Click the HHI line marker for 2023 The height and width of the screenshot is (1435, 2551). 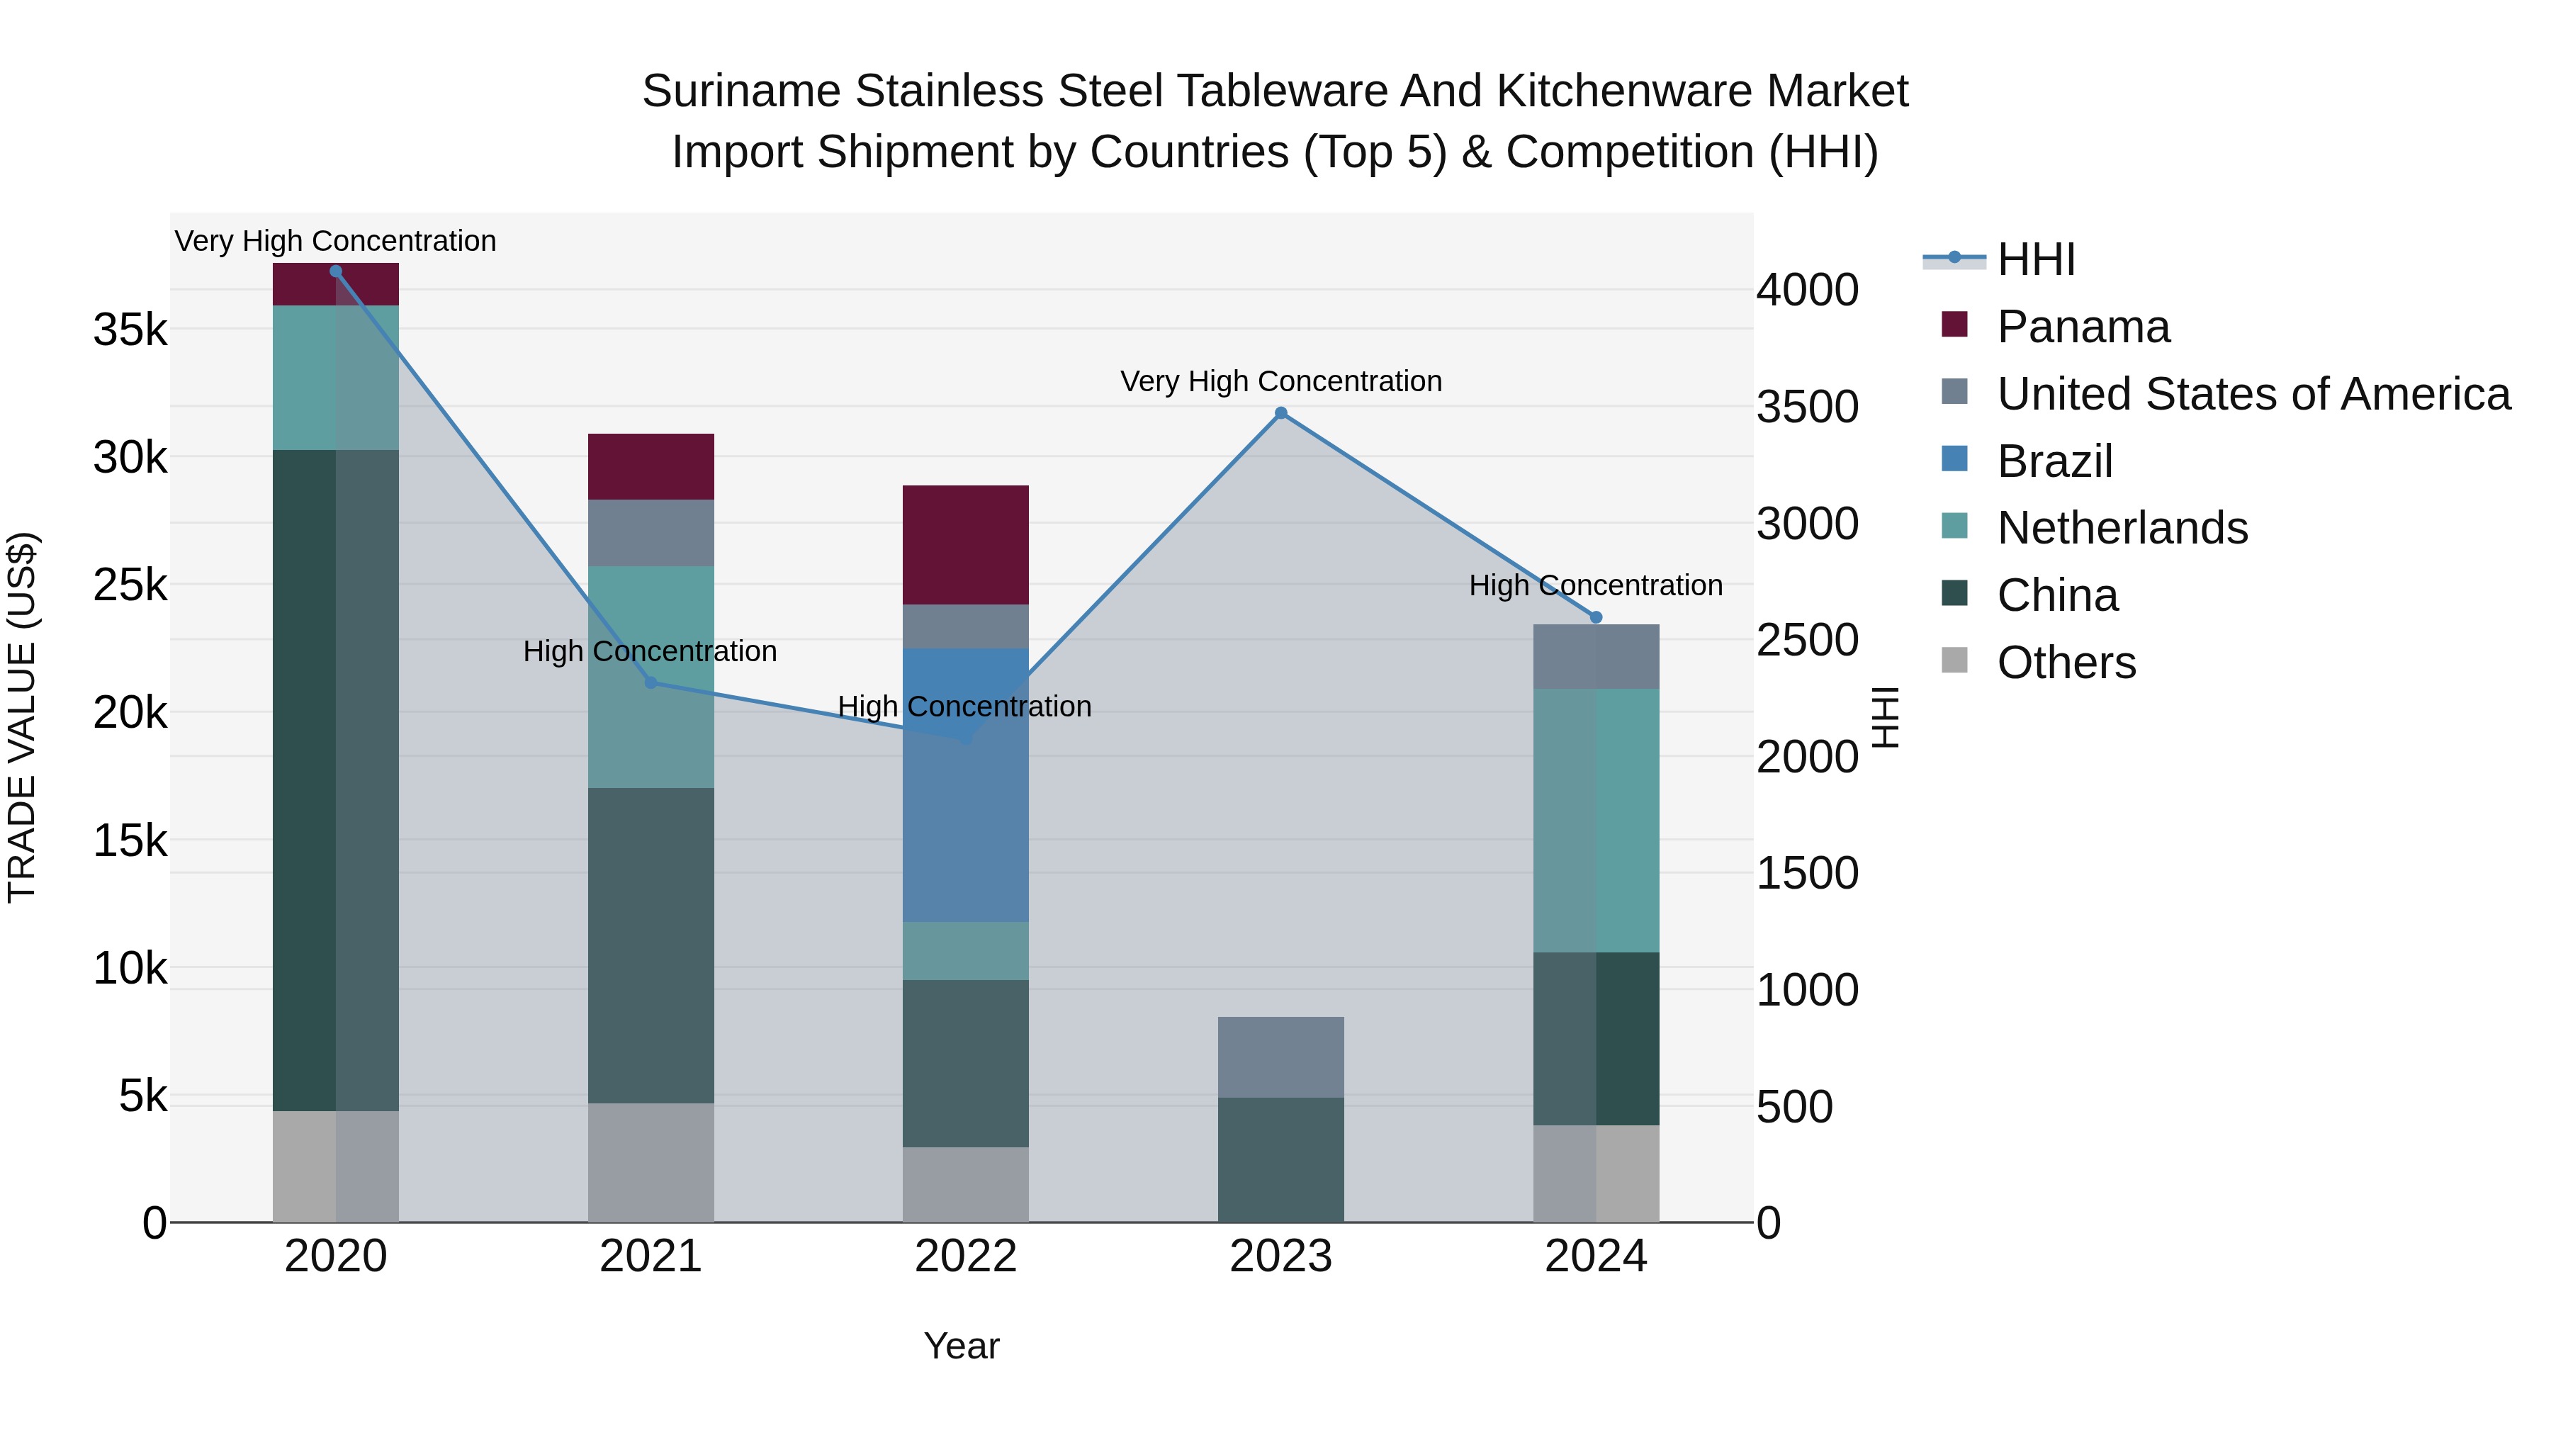click(x=1280, y=413)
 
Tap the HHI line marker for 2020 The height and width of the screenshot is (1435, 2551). click(x=336, y=271)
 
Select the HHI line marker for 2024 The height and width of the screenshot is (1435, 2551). click(x=1595, y=617)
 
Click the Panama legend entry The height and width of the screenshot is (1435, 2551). click(x=2083, y=327)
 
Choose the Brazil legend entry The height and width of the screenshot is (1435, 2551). click(x=2055, y=461)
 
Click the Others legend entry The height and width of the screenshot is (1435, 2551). click(x=2066, y=663)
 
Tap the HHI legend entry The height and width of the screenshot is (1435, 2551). click(x=2036, y=259)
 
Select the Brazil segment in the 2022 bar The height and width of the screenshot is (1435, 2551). click(x=966, y=784)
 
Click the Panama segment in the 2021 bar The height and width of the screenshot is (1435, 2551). click(x=651, y=466)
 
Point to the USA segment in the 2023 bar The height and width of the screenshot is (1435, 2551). click(x=1280, y=1057)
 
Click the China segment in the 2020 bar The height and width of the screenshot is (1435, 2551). click(x=336, y=780)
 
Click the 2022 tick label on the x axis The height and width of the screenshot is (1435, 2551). click(x=966, y=1256)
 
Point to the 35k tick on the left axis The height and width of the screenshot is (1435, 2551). click(x=130, y=330)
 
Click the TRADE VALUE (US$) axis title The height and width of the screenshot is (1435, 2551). click(x=22, y=717)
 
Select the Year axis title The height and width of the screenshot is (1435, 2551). click(x=961, y=1346)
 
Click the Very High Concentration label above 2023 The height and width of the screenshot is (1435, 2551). click(x=1280, y=381)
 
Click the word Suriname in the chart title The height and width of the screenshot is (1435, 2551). click(x=743, y=91)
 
